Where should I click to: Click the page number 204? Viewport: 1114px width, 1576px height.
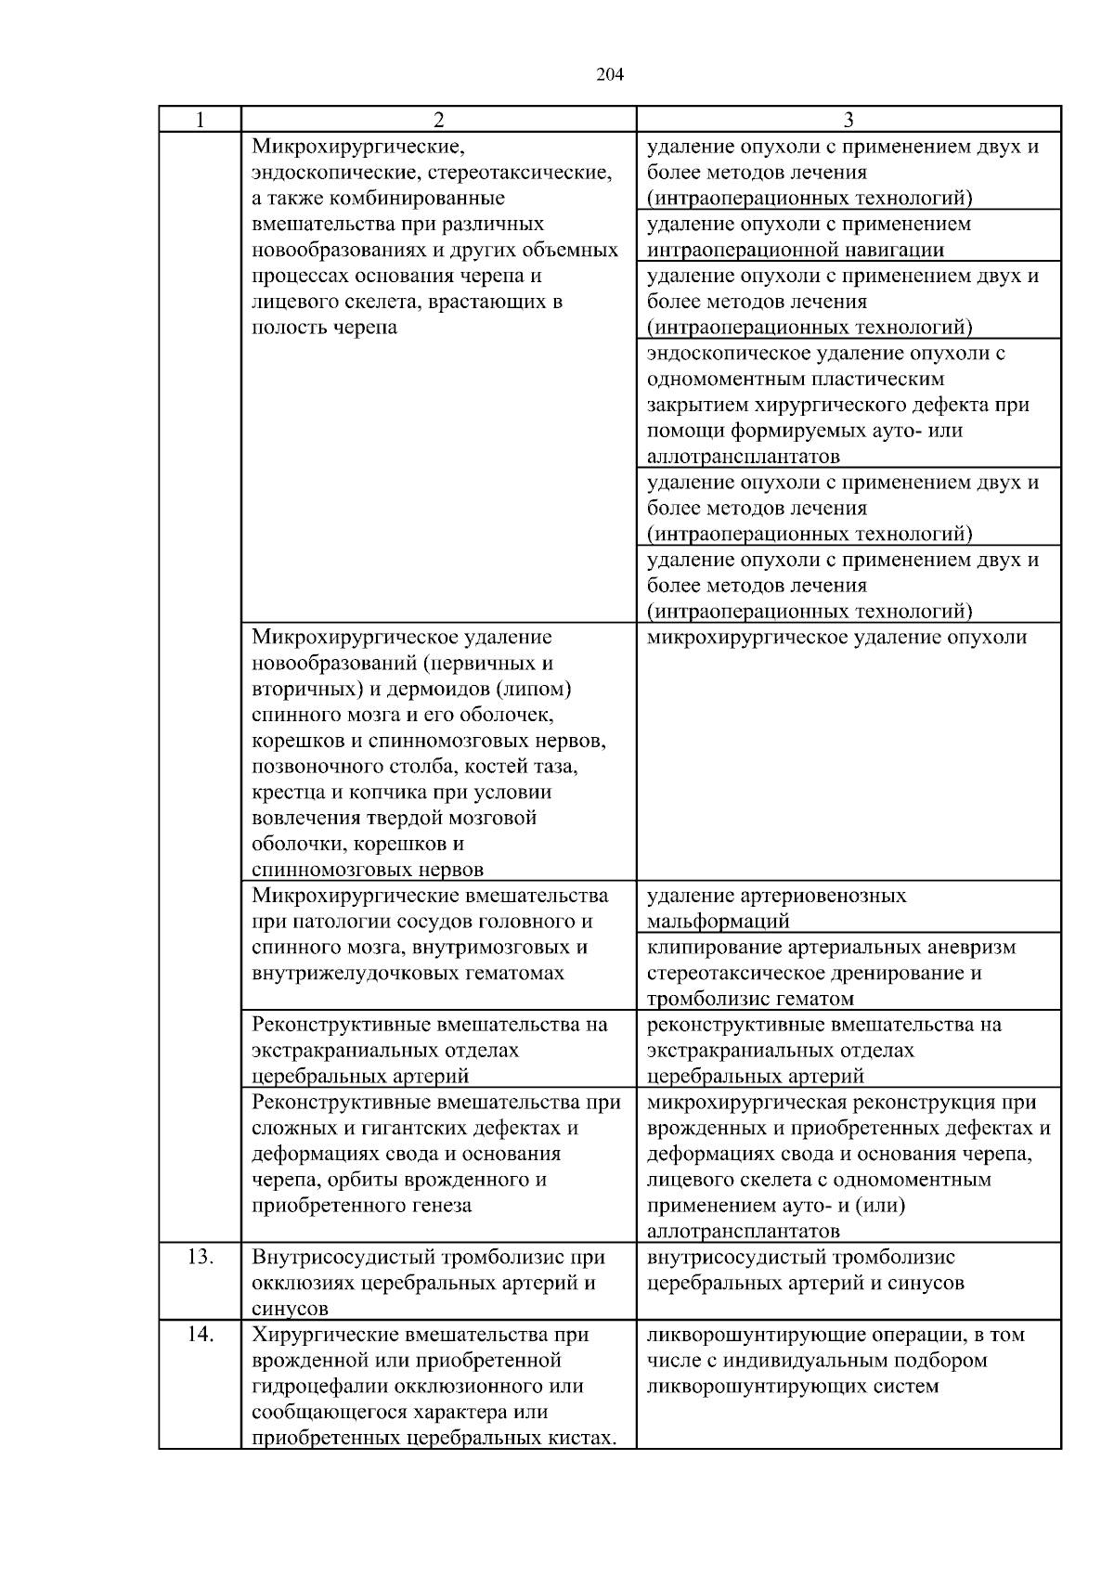[x=609, y=75]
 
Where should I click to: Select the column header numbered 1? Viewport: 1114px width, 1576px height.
[x=200, y=120]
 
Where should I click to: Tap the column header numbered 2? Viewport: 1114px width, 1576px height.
[x=438, y=120]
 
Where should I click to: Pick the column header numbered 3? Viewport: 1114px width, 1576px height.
[x=848, y=120]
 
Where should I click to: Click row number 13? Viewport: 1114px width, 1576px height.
[x=201, y=1258]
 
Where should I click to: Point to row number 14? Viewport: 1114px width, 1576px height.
[x=201, y=1335]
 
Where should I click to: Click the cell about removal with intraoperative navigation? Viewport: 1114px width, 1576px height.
[x=848, y=237]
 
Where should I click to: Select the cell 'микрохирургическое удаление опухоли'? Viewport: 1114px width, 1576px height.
[x=836, y=638]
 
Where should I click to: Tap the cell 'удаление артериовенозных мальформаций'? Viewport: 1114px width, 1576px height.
[x=776, y=909]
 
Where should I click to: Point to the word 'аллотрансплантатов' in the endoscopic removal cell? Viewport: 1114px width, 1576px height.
[x=744, y=457]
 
